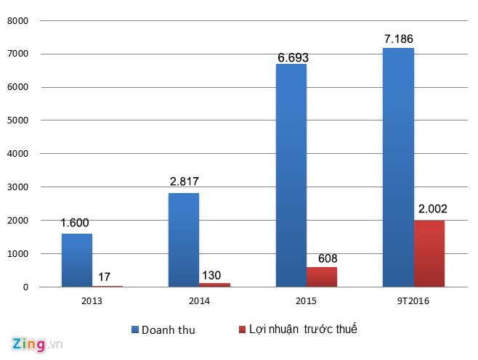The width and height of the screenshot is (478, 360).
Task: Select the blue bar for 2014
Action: tap(183, 240)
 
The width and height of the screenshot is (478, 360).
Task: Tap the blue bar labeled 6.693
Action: tap(291, 175)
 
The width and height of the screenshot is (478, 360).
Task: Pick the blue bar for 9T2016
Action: tap(398, 167)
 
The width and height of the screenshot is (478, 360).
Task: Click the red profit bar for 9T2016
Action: tap(429, 253)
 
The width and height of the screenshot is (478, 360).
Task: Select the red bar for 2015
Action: tap(321, 277)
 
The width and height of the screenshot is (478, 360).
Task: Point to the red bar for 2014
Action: tap(214, 285)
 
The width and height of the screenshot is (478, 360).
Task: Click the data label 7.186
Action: tap(399, 38)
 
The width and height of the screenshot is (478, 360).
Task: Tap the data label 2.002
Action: tap(432, 209)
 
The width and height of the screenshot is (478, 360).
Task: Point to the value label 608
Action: tap(323, 258)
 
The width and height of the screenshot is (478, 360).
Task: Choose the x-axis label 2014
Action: tap(198, 300)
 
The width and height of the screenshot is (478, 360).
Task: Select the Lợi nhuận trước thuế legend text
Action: tap(304, 330)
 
